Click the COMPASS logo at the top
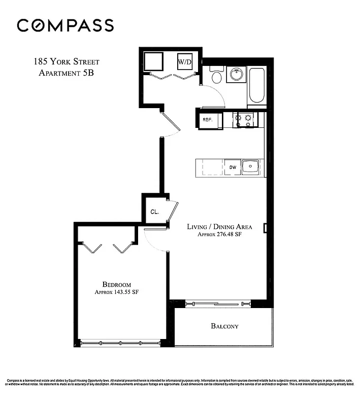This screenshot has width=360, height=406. (65, 25)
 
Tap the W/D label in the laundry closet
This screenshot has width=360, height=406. (184, 62)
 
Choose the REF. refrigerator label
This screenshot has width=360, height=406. (208, 120)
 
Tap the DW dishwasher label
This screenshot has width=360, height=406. (233, 166)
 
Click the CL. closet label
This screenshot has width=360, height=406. (154, 212)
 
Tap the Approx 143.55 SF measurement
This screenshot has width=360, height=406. (116, 292)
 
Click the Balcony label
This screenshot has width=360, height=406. (224, 326)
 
